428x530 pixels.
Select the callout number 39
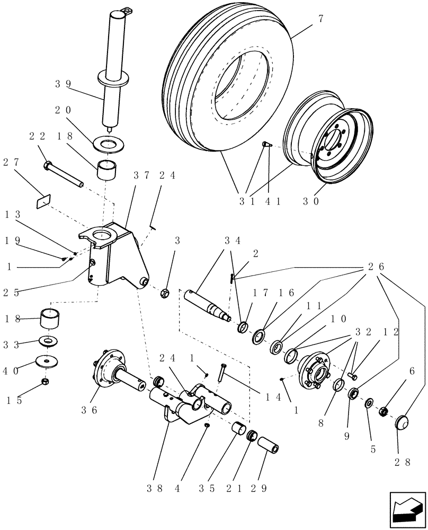[x=64, y=83]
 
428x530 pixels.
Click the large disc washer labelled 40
[x=47, y=361]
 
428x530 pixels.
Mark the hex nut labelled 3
[x=164, y=291]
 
